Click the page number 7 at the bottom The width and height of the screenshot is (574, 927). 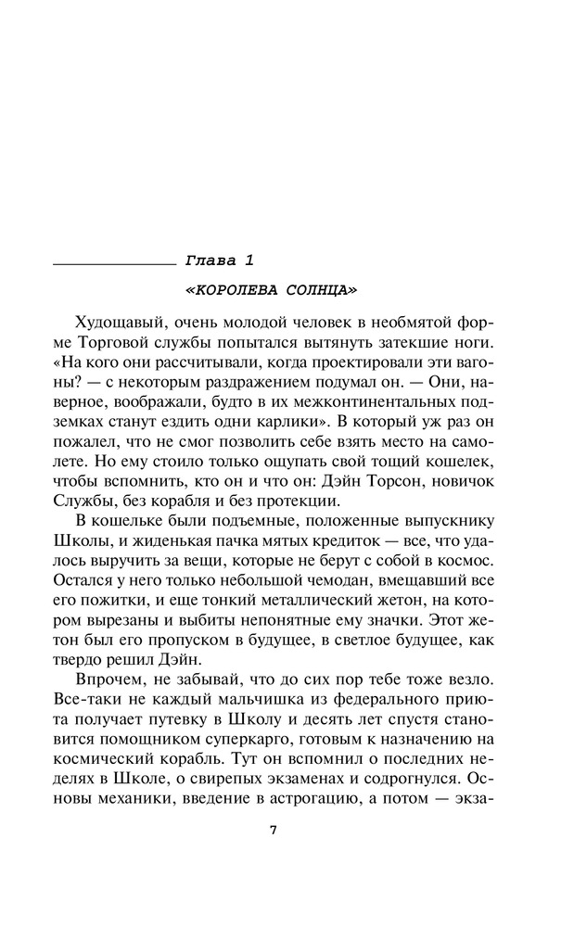[273, 830]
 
